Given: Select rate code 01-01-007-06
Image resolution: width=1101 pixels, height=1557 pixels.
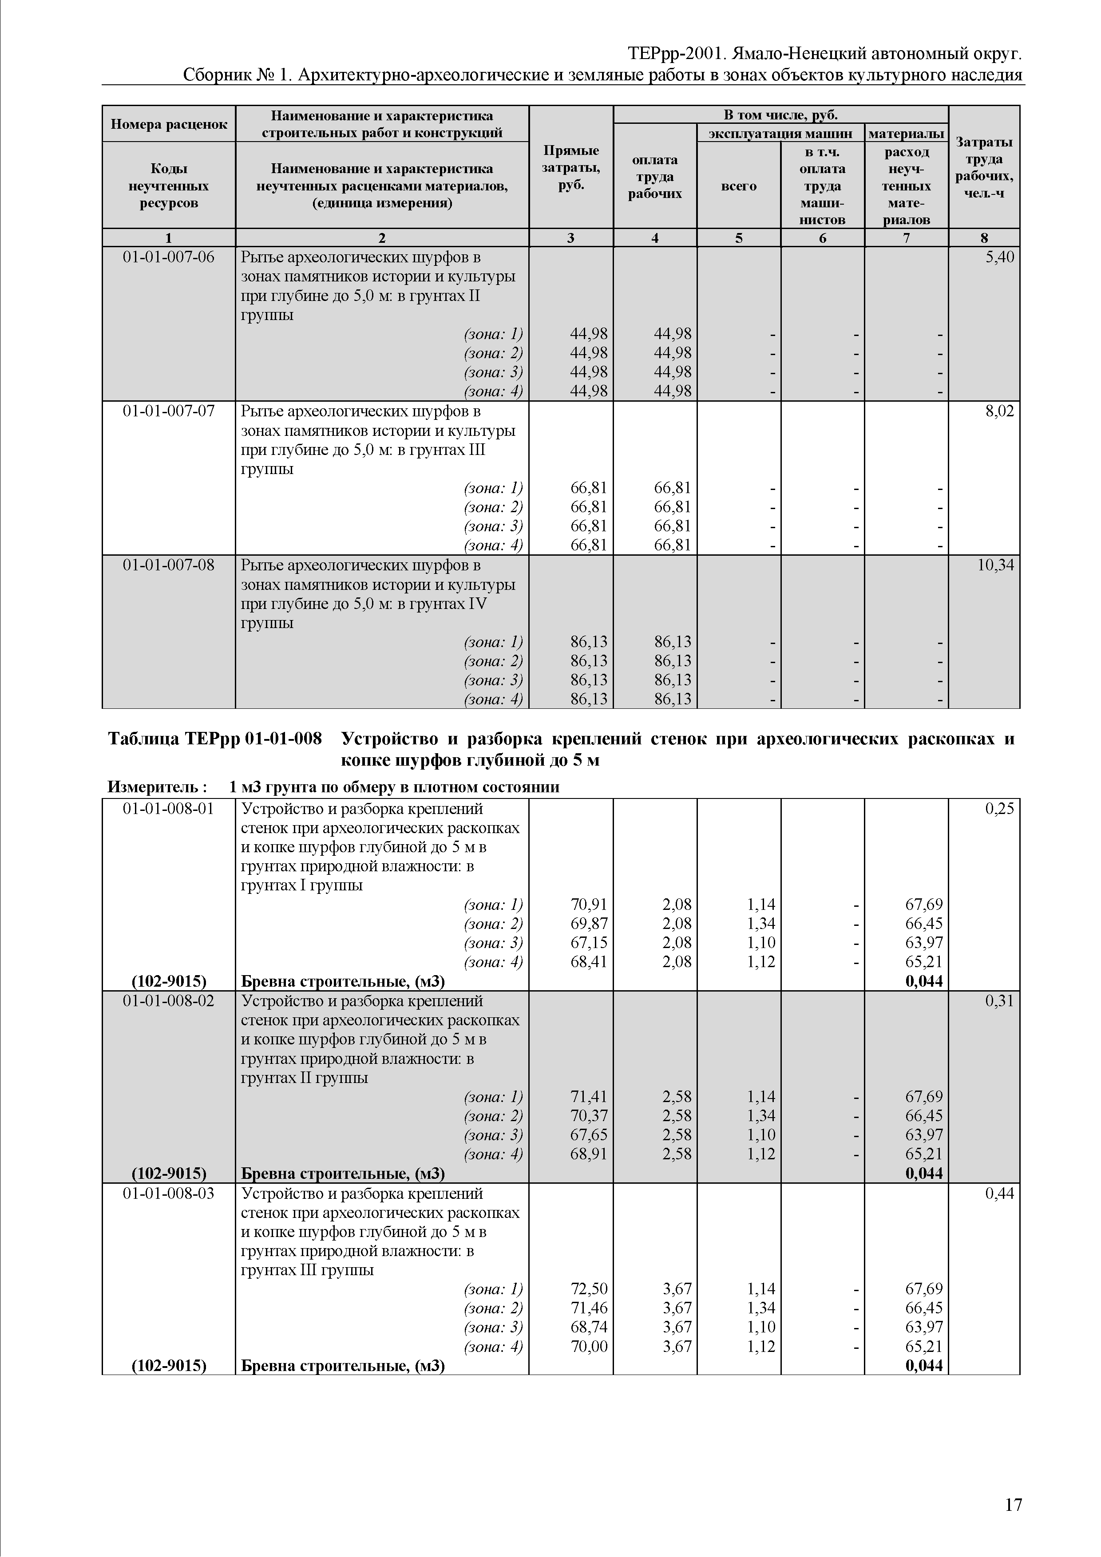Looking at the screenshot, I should pyautogui.click(x=168, y=258).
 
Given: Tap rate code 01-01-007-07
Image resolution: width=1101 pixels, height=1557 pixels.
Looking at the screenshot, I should pyautogui.click(x=168, y=411).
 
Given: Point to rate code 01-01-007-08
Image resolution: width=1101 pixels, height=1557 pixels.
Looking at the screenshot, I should pyautogui.click(x=168, y=565).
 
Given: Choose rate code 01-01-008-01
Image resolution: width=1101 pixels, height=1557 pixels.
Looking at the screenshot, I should pyautogui.click(x=168, y=809).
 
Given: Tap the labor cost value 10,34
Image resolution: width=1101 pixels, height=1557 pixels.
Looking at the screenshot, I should pyautogui.click(x=995, y=565).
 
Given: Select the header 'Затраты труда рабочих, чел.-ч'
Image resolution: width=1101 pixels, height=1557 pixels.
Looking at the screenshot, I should pyautogui.click(x=984, y=167).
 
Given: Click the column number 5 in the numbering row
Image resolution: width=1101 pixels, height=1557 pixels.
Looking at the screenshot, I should pyautogui.click(x=738, y=238).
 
